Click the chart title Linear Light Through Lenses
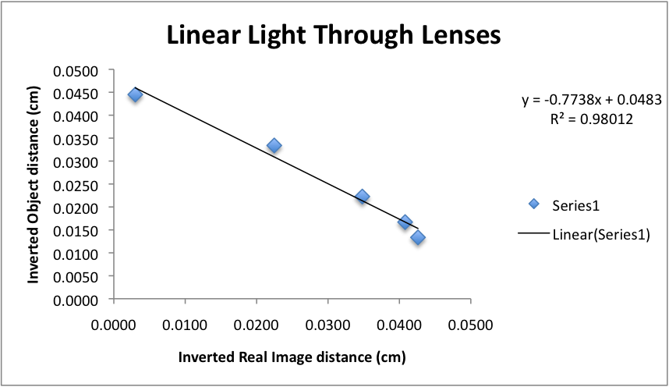pyautogui.click(x=333, y=36)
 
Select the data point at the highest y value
pyautogui.click(x=135, y=94)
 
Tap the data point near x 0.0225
pyautogui.click(x=274, y=145)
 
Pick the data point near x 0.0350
pyautogui.click(x=362, y=196)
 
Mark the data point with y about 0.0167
pyautogui.click(x=405, y=222)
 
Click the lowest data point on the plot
pyautogui.click(x=418, y=237)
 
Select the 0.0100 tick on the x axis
pyautogui.click(x=185, y=321)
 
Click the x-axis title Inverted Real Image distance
pyautogui.click(x=292, y=357)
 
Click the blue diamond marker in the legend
pyautogui.click(x=533, y=205)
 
